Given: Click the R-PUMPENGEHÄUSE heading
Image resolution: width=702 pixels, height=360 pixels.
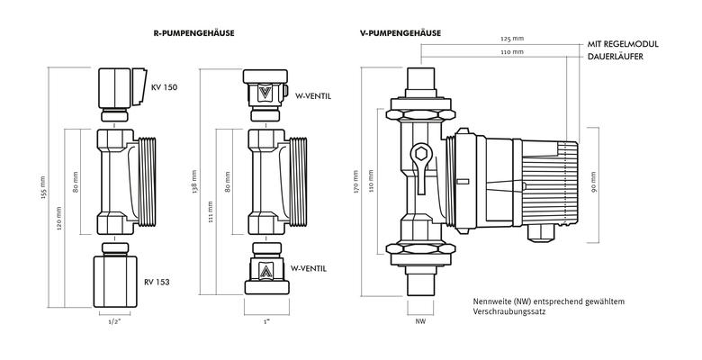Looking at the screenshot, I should [193, 33].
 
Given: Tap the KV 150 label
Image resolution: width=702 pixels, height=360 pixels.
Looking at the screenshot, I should [164, 87].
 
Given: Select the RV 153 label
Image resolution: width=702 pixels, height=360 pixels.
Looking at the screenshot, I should [157, 282].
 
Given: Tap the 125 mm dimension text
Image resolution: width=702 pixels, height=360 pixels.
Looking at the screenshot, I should [511, 40].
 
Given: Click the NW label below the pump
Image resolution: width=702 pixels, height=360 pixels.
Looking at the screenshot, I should [420, 319].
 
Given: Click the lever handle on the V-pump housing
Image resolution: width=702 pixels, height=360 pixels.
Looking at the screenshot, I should [419, 158].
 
